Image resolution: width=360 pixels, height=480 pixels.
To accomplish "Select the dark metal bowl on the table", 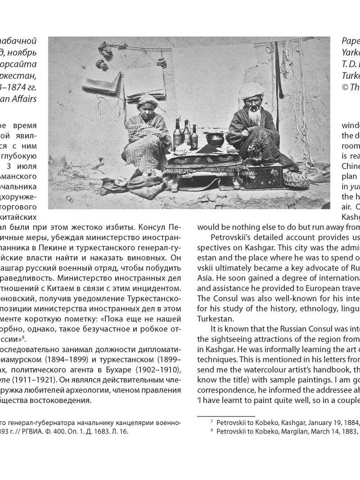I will coord(215,139).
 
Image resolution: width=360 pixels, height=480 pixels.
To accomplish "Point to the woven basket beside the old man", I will coord(296,179).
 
